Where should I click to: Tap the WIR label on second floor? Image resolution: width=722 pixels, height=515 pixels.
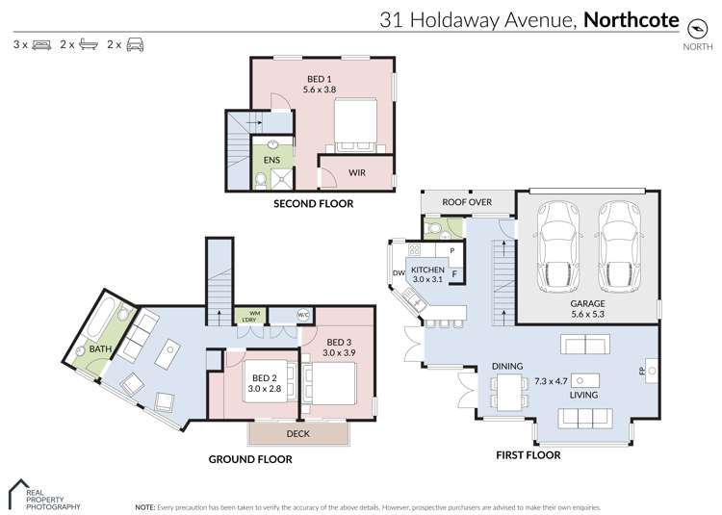355,173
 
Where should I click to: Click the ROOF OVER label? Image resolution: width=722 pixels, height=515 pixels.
467,202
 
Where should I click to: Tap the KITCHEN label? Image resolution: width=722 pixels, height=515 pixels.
428,270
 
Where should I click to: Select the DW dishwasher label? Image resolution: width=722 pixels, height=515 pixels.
398,273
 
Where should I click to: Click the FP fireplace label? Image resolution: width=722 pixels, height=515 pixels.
641,372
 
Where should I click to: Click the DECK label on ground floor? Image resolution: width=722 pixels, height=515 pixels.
297,434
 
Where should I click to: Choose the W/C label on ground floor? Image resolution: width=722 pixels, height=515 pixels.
301,315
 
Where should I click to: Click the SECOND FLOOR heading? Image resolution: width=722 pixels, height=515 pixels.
314,204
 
